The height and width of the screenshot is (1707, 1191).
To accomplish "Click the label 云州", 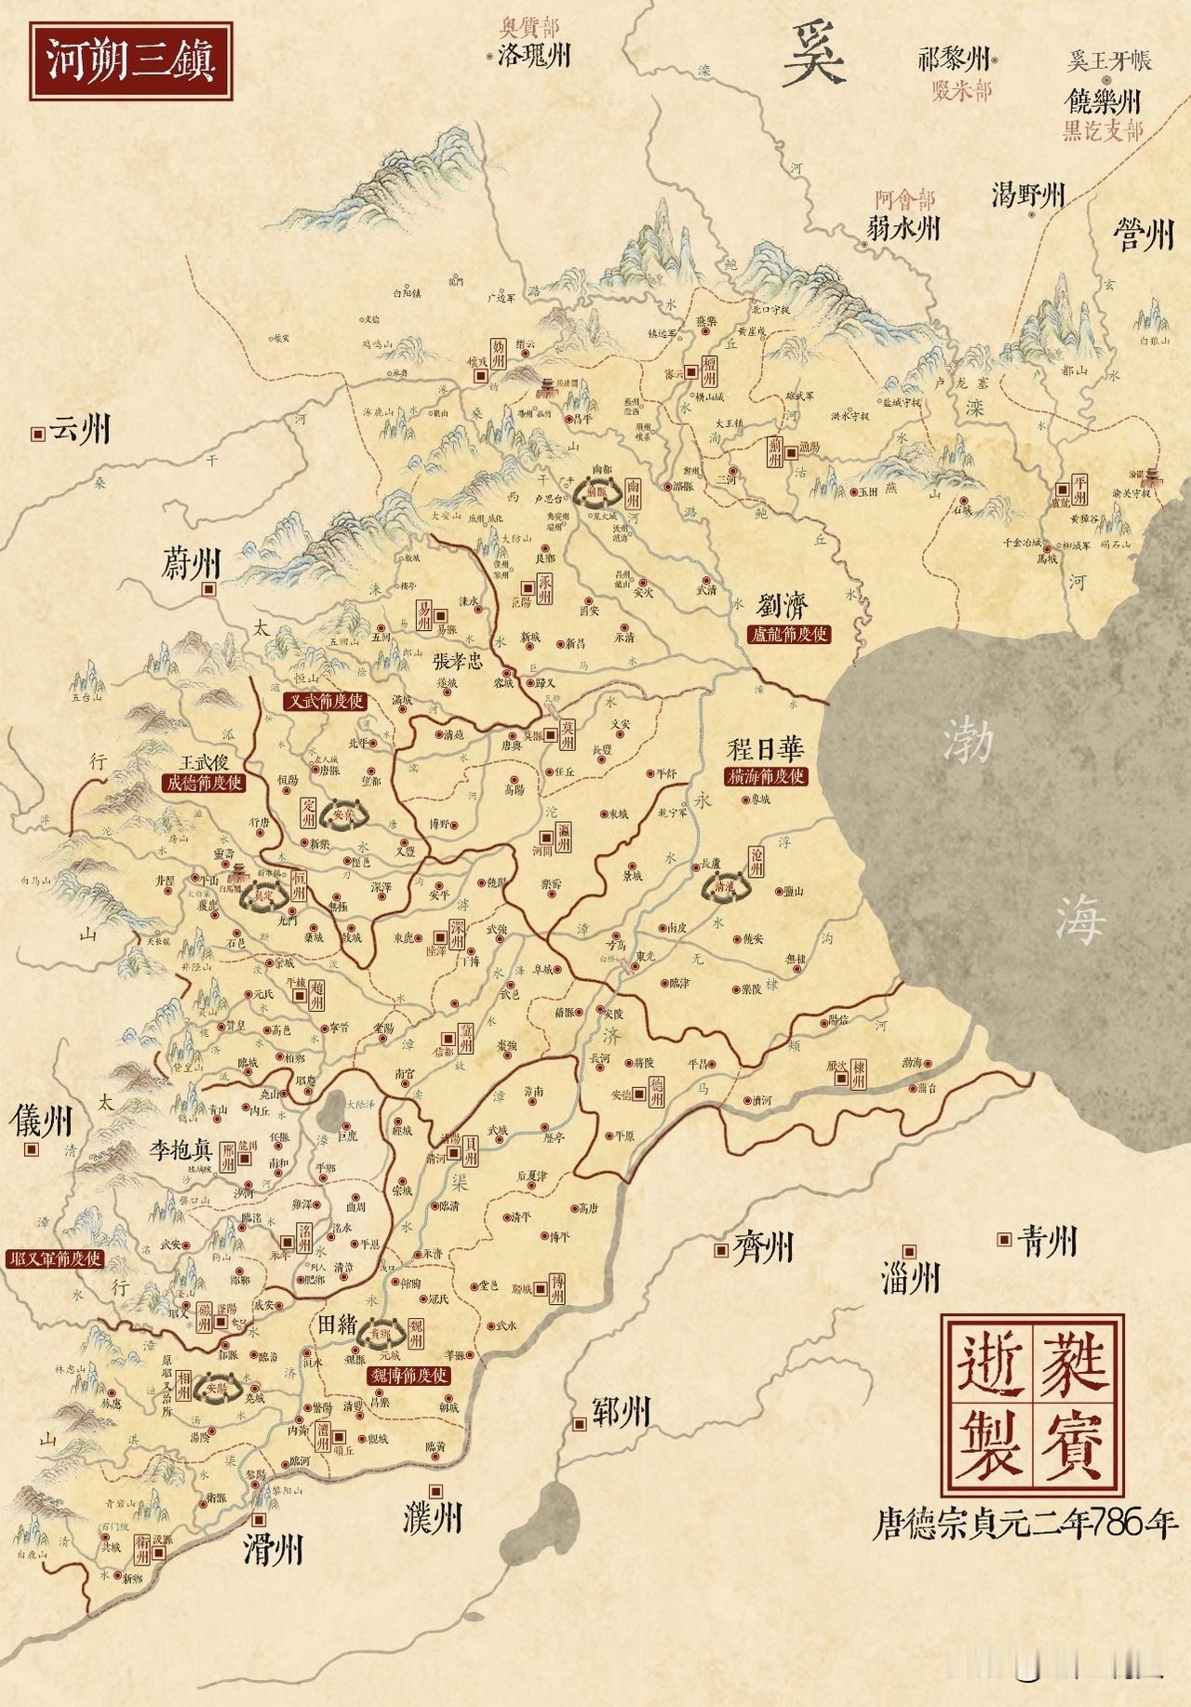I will (x=80, y=430).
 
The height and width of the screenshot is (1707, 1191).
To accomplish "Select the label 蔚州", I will (x=190, y=564).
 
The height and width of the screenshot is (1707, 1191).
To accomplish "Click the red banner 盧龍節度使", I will (x=788, y=635).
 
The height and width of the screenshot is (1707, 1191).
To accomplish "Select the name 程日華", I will (x=765, y=749).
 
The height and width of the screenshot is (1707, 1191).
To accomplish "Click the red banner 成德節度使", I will (x=204, y=783).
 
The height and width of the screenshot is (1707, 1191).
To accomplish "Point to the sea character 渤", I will (x=968, y=742).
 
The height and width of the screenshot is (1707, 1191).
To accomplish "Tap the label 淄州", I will (x=910, y=1278).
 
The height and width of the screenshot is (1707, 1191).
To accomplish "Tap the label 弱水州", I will (x=904, y=228).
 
